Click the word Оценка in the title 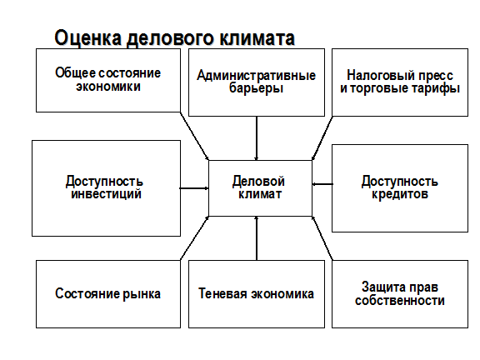click(87, 38)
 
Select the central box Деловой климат click(260, 188)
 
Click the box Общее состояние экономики click(108, 80)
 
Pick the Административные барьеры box click(257, 82)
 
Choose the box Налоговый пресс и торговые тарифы click(400, 82)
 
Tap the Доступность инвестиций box click(106, 188)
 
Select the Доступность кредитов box click(400, 188)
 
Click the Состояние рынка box click(108, 294)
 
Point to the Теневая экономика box click(257, 294)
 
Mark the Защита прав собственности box click(400, 294)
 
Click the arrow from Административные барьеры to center click(257, 138)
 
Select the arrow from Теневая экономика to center click(257, 238)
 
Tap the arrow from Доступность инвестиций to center click(194, 188)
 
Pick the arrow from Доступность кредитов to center click(322, 184)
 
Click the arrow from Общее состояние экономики click(194, 136)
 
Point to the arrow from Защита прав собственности click(322, 238)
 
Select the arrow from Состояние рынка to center click(195, 238)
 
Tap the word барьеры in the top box click(256, 89)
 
